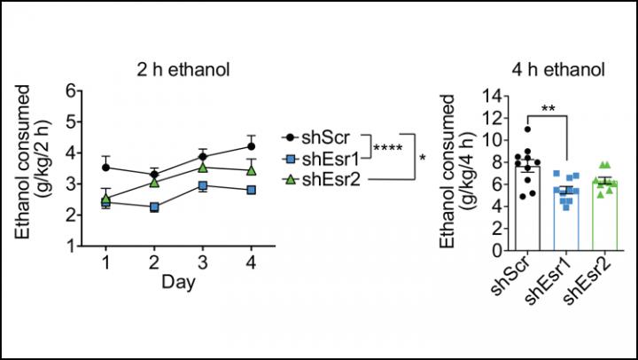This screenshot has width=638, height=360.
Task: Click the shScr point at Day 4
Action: (252, 146)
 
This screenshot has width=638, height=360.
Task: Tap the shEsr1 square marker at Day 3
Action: (203, 185)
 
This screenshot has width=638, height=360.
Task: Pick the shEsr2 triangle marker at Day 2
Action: (154, 182)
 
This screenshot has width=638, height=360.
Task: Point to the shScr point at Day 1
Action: (106, 167)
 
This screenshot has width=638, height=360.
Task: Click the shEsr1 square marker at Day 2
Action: (154, 207)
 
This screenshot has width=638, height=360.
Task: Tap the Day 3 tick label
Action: (203, 263)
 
